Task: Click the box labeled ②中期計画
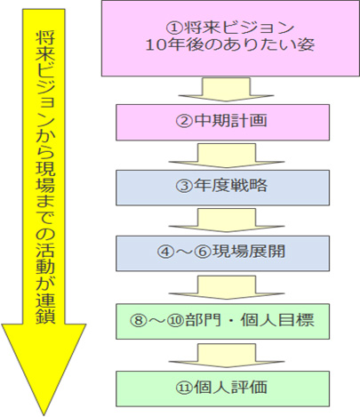click(222, 122)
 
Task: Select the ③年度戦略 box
click(222, 188)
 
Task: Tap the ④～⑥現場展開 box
click(222, 253)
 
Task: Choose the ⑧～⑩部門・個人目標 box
click(222, 321)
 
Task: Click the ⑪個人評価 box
click(222, 389)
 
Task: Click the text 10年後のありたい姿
click(230, 45)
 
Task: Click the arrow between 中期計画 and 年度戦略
click(227, 155)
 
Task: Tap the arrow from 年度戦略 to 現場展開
click(227, 220)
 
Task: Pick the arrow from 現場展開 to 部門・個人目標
click(227, 287)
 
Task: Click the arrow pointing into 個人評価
click(227, 355)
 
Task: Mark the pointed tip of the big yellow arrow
click(44, 414)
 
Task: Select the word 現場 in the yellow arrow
click(45, 178)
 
